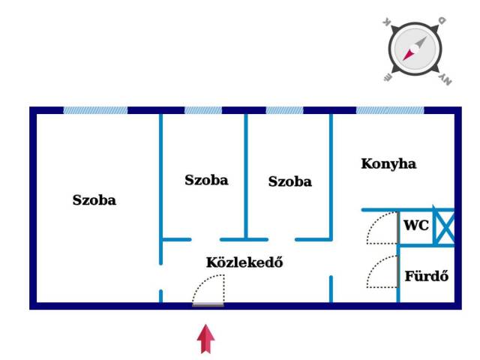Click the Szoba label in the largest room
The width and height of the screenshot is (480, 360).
(x=94, y=200)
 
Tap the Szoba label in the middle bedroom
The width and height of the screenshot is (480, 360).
(x=206, y=180)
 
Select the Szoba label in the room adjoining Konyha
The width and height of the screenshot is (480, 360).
(x=289, y=181)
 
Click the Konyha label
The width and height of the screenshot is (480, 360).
(x=388, y=163)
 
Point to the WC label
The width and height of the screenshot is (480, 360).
(x=416, y=225)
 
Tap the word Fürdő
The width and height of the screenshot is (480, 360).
(x=426, y=275)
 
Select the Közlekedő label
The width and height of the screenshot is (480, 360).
(x=244, y=262)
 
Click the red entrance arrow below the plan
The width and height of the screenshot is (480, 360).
(x=205, y=338)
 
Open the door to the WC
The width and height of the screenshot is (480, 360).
(x=382, y=229)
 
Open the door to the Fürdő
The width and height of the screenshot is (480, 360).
(x=382, y=272)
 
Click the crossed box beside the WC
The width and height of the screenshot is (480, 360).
(x=445, y=227)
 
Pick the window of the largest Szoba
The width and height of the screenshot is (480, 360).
(x=95, y=110)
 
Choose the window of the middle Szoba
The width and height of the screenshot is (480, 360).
(x=203, y=110)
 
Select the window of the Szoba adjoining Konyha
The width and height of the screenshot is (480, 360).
(x=285, y=110)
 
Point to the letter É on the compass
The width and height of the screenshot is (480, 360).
(x=389, y=74)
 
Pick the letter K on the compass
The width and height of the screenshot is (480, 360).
(x=388, y=23)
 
